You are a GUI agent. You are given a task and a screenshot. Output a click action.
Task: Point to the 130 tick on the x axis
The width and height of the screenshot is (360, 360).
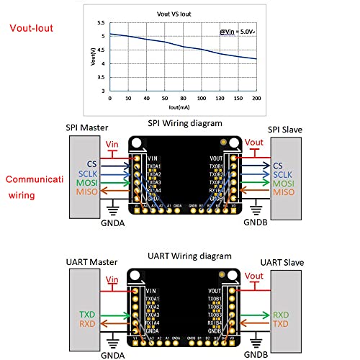220,99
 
